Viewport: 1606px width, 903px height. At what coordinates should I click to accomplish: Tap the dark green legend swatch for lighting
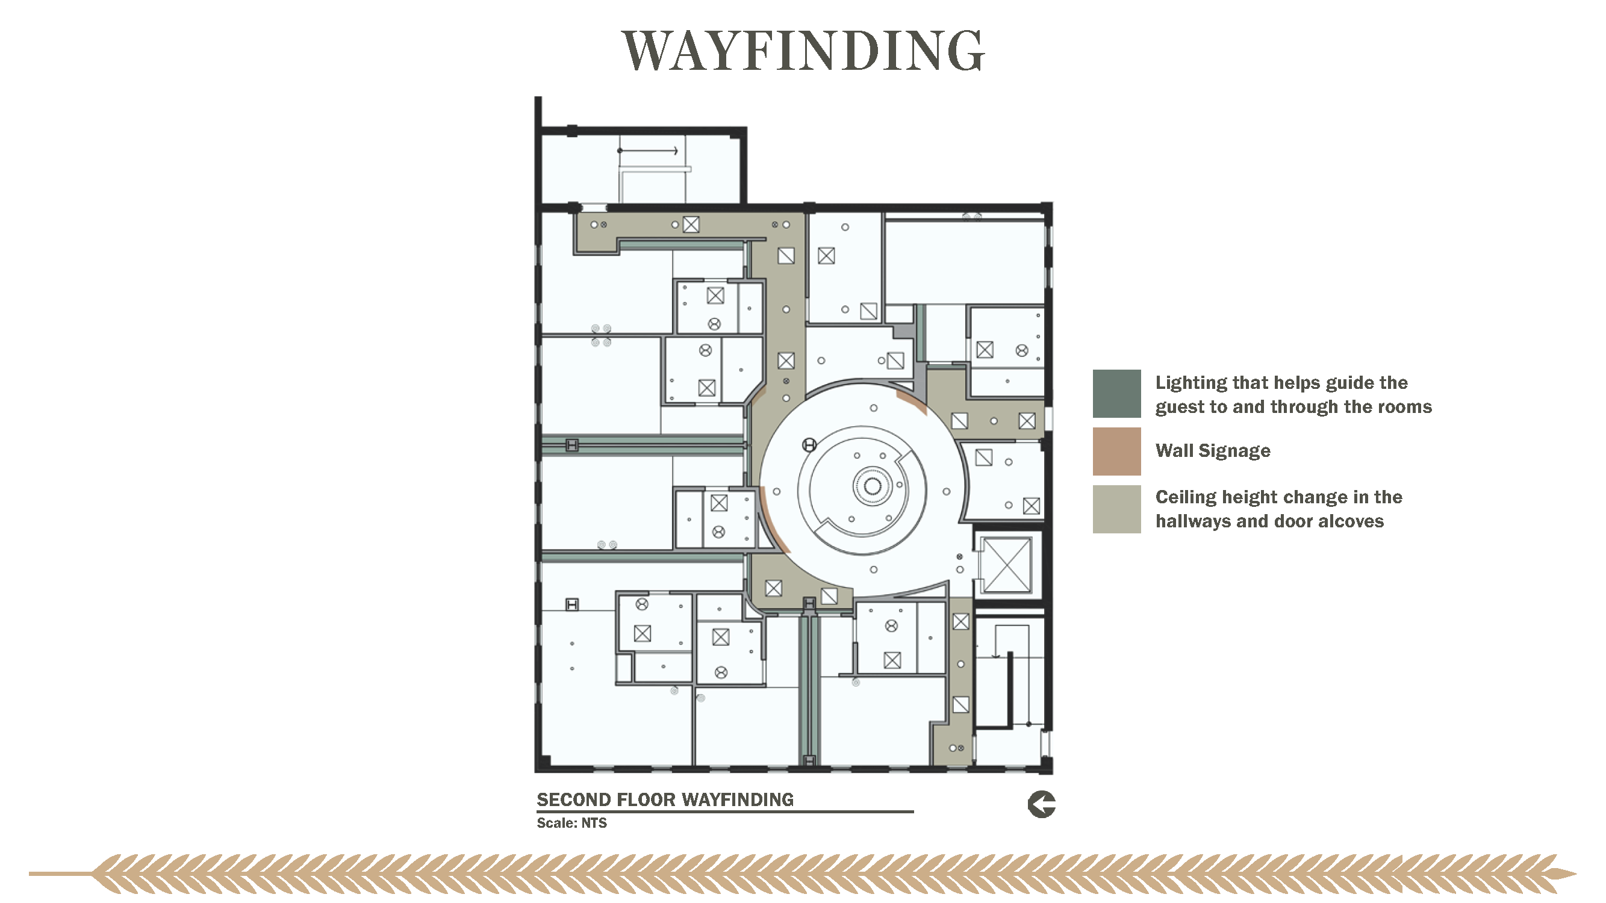tap(1116, 393)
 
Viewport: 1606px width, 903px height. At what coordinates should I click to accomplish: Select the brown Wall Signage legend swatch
tap(1116, 451)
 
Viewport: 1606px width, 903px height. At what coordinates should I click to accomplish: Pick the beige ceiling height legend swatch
tap(1116, 509)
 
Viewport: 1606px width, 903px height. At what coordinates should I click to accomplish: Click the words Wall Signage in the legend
tap(1213, 450)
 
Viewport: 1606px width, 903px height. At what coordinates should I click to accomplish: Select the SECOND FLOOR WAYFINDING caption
tap(665, 799)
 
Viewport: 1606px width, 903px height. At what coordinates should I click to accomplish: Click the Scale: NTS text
tap(571, 822)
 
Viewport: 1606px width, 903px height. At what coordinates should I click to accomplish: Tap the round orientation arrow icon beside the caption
tap(1041, 804)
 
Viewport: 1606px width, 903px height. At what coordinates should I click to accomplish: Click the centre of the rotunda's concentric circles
tap(872, 486)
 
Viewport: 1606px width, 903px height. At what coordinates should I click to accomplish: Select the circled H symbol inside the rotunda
tap(809, 445)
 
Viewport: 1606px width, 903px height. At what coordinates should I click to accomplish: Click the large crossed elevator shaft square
tap(1006, 565)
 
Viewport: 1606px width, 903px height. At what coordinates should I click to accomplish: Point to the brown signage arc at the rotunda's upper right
tap(912, 402)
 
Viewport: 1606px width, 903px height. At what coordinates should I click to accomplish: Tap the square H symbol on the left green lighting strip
tap(571, 445)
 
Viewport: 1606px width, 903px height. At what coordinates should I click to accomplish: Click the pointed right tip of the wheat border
tap(1575, 874)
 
